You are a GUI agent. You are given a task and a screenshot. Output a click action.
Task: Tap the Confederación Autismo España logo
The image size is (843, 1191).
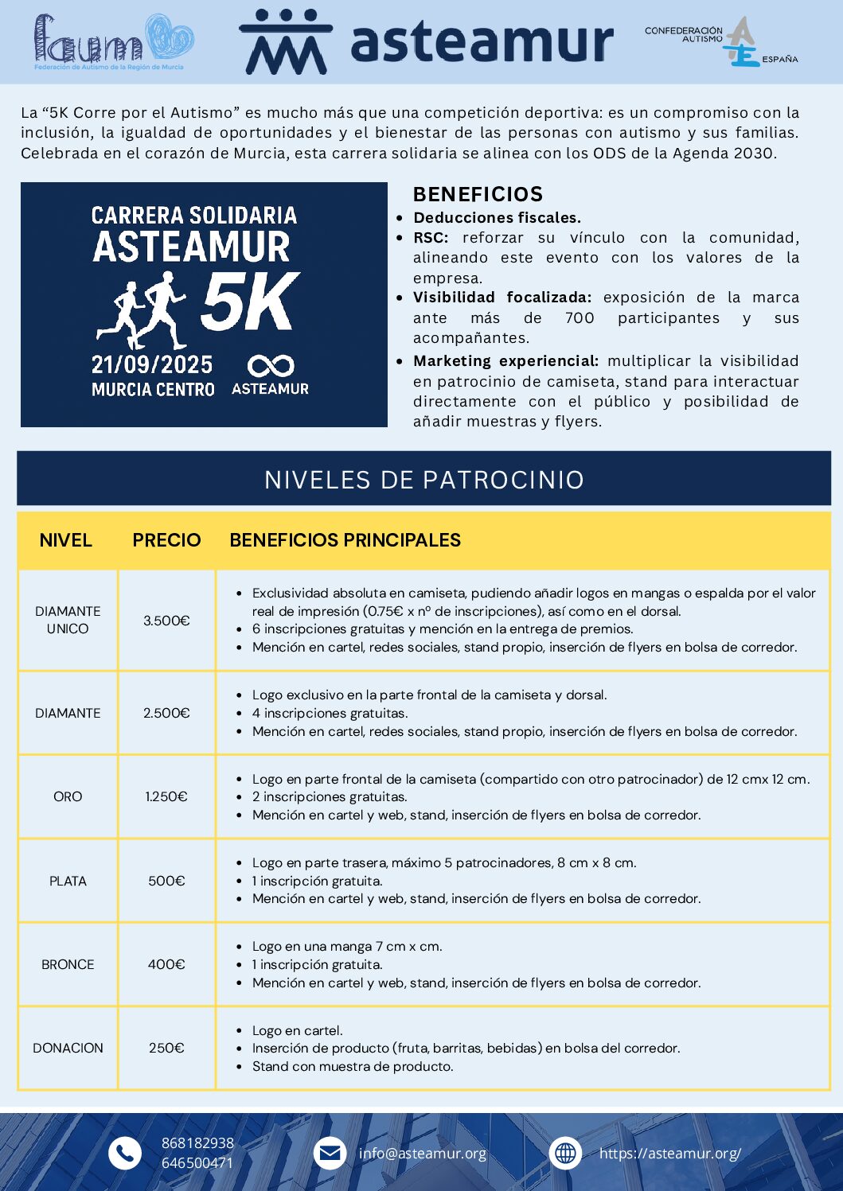(721, 42)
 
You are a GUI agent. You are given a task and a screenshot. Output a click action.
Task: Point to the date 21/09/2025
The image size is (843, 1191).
(152, 365)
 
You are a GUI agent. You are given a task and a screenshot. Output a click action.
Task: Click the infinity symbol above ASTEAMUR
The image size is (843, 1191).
(271, 366)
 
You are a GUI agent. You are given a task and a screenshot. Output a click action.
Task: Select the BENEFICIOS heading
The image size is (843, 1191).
(478, 194)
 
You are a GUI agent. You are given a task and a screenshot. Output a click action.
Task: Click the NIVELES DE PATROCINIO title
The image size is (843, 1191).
(423, 480)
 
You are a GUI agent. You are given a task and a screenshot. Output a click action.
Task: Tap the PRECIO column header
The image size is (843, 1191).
(166, 540)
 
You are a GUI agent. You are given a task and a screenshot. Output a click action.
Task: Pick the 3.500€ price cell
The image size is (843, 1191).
(166, 621)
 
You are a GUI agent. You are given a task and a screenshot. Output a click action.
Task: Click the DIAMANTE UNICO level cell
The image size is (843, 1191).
(68, 620)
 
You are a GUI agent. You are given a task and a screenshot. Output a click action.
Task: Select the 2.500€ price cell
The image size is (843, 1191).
(166, 713)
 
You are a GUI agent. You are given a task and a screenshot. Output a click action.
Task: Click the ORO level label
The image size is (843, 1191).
(68, 796)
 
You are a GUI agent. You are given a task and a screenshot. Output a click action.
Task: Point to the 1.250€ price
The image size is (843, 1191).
(166, 796)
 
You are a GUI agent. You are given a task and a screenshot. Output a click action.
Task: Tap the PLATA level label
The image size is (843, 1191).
(68, 881)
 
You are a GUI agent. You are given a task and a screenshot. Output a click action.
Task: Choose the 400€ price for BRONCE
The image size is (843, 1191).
(166, 964)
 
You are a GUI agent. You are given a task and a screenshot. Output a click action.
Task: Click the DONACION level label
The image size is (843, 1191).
(68, 1048)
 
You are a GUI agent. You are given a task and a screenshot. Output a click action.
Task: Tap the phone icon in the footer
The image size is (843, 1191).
(124, 1153)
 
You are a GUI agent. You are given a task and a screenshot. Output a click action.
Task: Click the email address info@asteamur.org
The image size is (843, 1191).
(422, 1154)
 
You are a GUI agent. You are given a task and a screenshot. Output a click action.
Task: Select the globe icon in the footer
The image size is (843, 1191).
(565, 1153)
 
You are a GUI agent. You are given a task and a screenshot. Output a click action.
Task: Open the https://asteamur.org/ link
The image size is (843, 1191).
(669, 1154)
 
